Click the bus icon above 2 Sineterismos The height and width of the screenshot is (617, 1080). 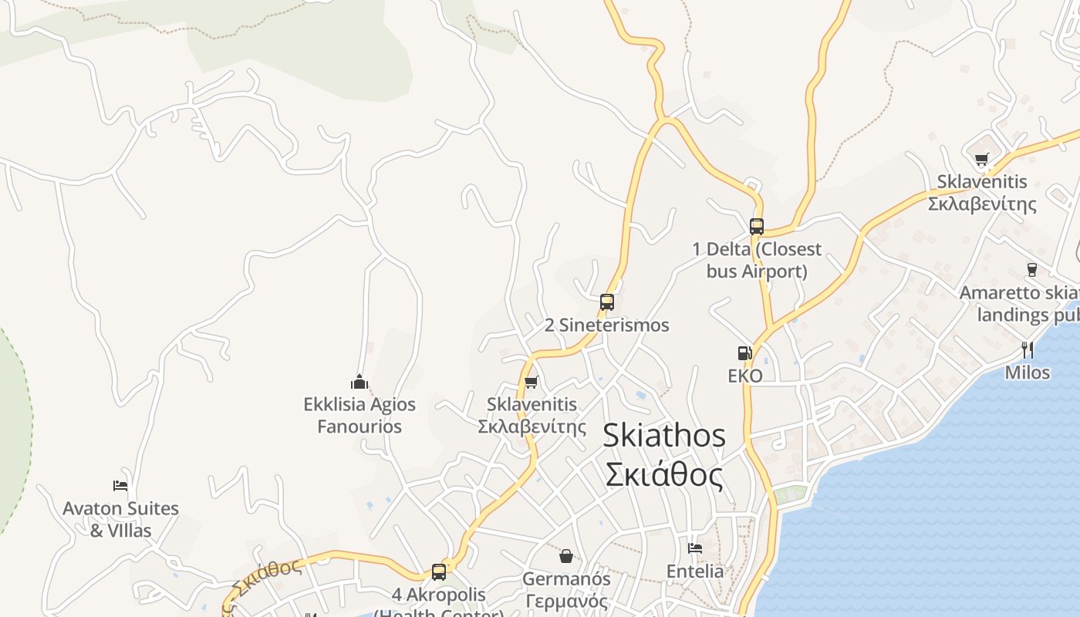607,302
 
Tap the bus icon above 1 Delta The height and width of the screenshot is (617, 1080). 757,226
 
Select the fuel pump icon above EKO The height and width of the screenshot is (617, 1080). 744,353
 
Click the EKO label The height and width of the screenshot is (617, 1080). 745,376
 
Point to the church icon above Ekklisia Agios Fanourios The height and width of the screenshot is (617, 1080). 359,382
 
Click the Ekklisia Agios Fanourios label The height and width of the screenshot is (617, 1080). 359,415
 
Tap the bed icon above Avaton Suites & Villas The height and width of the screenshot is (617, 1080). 120,485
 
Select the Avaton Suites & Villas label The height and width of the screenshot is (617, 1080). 120,519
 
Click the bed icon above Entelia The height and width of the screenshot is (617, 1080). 695,548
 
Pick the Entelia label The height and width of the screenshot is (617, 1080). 695,571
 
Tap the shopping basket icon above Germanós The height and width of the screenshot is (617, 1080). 566,555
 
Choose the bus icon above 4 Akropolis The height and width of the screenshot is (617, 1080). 439,571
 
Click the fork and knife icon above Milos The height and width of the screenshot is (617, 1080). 1028,349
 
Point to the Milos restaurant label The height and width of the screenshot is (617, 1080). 1028,373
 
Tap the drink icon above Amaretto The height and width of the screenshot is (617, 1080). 1031,269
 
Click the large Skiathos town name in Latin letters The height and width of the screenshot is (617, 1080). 664,435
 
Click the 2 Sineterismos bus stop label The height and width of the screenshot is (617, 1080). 607,325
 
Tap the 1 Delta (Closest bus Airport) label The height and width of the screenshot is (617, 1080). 757,260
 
